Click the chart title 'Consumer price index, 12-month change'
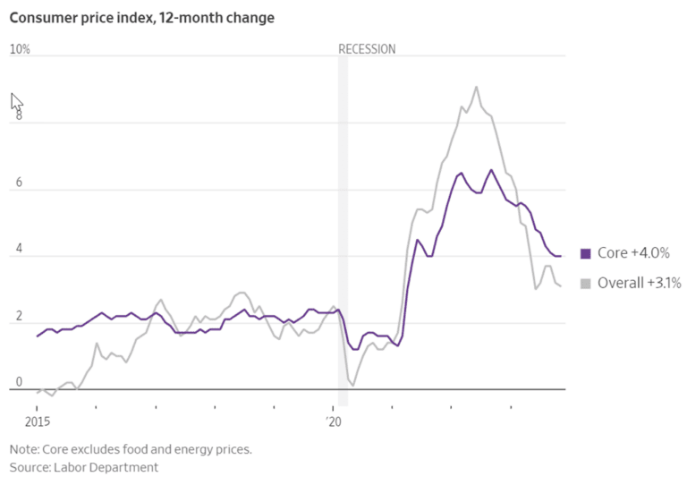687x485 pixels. pos(142,18)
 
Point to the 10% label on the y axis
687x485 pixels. pos(20,49)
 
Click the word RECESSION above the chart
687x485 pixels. pos(367,49)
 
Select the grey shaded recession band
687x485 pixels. pos(343,224)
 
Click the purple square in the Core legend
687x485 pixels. pos(585,254)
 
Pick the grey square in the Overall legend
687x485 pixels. pos(585,284)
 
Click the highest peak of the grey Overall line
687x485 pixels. pos(476,87)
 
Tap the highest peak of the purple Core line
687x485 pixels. pos(491,170)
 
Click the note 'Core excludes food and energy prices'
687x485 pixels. pos(131,449)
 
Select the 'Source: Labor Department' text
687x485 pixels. pos(84,467)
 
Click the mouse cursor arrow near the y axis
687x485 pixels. pos(15,101)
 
